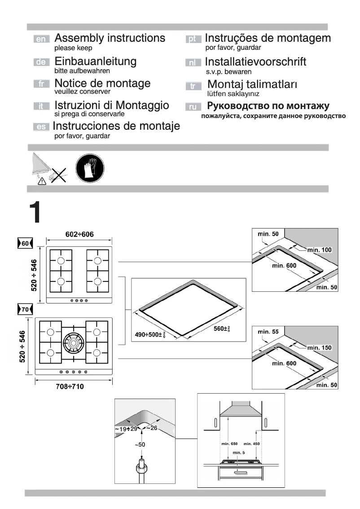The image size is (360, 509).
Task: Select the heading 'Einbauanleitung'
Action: tap(96, 61)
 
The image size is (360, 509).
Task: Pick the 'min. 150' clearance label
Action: tap(319, 348)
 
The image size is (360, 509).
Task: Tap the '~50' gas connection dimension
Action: tap(141, 444)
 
